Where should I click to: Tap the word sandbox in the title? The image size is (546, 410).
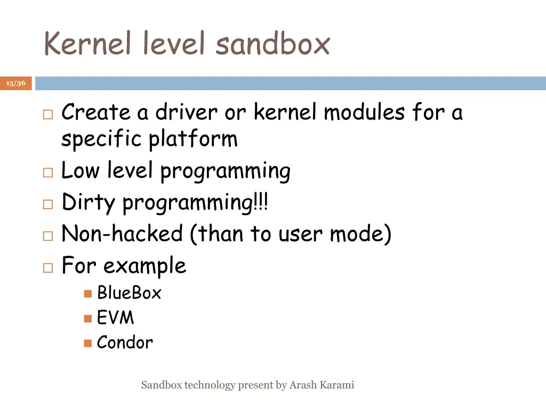pyautogui.click(x=272, y=44)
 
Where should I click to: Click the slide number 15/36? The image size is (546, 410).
pyautogui.click(x=16, y=83)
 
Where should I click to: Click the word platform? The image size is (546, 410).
pyautogui.click(x=193, y=139)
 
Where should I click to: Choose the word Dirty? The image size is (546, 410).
pyautogui.click(x=89, y=203)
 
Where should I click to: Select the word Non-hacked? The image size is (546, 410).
pyautogui.click(x=122, y=234)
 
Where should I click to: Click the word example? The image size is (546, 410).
pyautogui.click(x=144, y=265)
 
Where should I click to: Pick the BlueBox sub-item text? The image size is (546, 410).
pyautogui.click(x=129, y=293)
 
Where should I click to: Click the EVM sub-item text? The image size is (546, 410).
pyautogui.click(x=115, y=318)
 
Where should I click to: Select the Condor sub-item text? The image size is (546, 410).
pyautogui.click(x=125, y=342)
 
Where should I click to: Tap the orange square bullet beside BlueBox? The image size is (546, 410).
pyautogui.click(x=88, y=294)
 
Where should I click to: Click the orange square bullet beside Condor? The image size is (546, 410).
pyautogui.click(x=88, y=343)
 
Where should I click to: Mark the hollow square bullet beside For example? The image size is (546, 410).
pyautogui.click(x=47, y=267)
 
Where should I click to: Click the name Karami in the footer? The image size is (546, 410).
pyautogui.click(x=338, y=385)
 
